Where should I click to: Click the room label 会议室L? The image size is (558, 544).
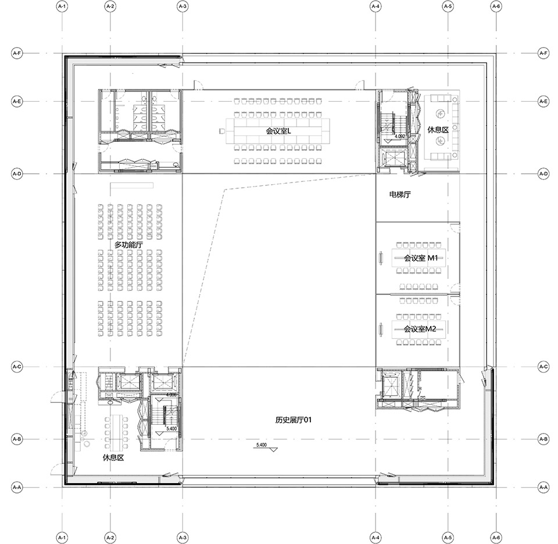click(x=278, y=131)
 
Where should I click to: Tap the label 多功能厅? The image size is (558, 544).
click(x=128, y=245)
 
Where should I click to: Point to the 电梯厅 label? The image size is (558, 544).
click(x=400, y=195)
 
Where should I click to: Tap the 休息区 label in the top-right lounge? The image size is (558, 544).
click(x=438, y=130)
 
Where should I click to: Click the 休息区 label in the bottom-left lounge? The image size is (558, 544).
click(x=113, y=457)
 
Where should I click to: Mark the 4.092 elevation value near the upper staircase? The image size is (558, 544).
click(x=399, y=136)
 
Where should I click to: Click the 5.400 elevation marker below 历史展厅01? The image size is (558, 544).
click(x=261, y=445)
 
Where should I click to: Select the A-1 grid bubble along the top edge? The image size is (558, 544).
click(x=62, y=6)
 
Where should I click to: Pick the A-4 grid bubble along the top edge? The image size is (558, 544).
click(x=375, y=6)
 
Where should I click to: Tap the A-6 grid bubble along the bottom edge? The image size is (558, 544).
click(x=496, y=537)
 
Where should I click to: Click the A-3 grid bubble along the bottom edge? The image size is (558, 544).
click(x=182, y=537)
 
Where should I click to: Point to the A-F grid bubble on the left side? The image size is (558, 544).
click(x=17, y=53)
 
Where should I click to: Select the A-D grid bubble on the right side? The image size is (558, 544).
click(x=543, y=173)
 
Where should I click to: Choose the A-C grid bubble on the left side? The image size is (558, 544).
click(x=17, y=367)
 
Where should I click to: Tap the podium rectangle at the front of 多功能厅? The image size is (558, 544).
click(x=132, y=185)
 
